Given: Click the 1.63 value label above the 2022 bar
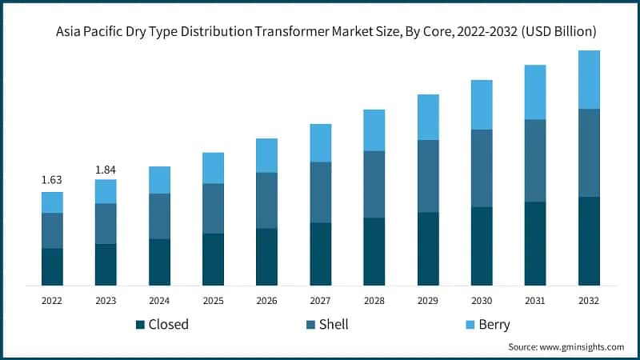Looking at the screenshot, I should pos(52,181).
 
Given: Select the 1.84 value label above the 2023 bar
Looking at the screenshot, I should pos(106,169).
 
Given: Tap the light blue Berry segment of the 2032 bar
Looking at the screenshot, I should pos(589,79).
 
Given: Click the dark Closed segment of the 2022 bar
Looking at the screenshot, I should pos(52,266).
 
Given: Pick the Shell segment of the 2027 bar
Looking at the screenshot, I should pos(320,192).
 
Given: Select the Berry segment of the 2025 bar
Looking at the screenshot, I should pos(213,168).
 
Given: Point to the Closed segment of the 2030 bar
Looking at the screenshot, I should pos(481,246).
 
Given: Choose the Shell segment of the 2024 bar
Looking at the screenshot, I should pos(159,216).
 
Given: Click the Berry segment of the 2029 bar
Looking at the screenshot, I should pos(427,117).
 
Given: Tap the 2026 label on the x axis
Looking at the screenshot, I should pos(266,301).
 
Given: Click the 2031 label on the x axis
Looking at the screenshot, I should pos(534,301).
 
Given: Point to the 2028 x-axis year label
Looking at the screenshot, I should pos(374,301).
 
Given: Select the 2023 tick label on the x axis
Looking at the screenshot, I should pos(106,301).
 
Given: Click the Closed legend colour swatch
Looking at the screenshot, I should pos(140,325).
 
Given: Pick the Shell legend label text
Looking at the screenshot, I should pos(334,325).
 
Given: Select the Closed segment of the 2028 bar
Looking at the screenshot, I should pos(374,251).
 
